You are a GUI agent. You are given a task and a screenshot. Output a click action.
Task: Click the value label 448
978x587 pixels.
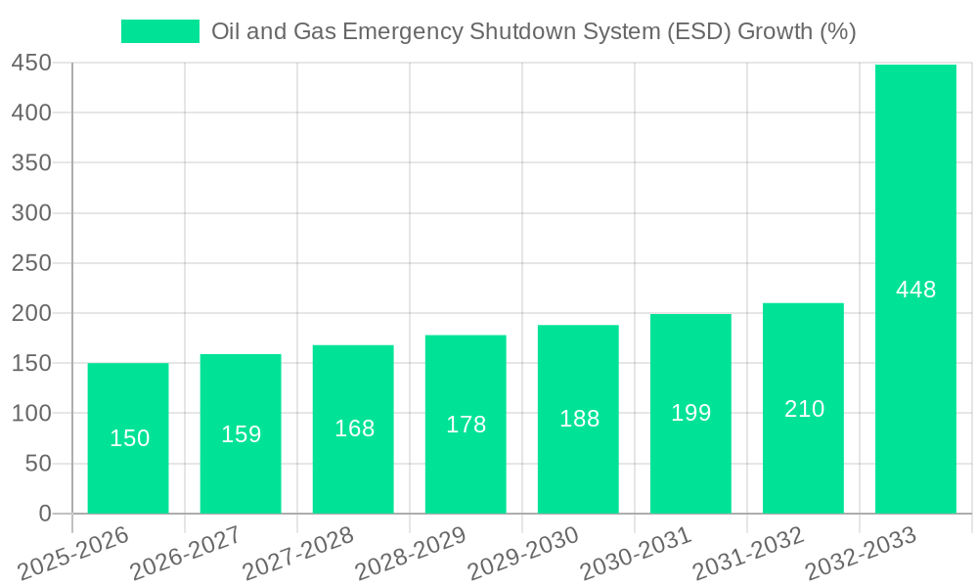tap(915, 290)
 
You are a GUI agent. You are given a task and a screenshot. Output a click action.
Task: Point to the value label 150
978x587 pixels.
tap(129, 438)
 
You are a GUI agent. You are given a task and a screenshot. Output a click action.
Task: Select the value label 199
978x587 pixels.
tap(690, 413)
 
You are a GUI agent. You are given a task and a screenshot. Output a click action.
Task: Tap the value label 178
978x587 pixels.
tap(466, 424)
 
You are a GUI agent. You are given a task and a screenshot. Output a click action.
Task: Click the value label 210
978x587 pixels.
tap(804, 409)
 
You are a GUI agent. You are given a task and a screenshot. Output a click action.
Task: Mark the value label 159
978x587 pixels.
tap(241, 433)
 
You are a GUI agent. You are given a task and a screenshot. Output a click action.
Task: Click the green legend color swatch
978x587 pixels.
tap(159, 31)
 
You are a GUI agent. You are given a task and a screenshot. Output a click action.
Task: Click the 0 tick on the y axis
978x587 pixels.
tap(44, 514)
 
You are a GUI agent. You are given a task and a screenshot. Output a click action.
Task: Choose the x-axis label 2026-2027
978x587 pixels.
tap(187, 554)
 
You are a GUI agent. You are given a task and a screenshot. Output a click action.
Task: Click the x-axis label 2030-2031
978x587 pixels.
tap(637, 554)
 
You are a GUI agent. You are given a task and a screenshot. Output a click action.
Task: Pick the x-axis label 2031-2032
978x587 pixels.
tap(749, 554)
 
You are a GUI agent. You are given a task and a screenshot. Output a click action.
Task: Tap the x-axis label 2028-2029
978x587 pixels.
tap(412, 554)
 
